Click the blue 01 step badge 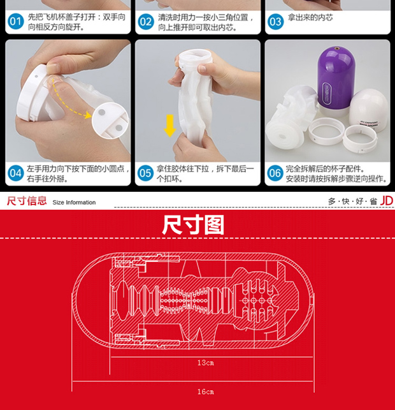(16, 22)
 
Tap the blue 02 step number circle (146, 22)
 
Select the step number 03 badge (275, 22)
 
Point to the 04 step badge (16, 173)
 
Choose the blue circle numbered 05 (145, 173)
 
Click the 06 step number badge (275, 173)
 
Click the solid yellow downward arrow (170, 126)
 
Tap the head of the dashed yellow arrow (88, 115)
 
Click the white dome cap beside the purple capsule (369, 110)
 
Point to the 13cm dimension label (206, 363)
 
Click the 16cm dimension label (206, 392)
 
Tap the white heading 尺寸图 (193, 225)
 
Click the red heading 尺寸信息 (27, 201)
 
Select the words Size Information (74, 202)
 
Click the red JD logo (386, 201)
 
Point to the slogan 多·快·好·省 (353, 201)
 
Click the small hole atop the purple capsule (336, 48)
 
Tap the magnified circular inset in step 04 (110, 121)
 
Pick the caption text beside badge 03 (311, 17)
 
